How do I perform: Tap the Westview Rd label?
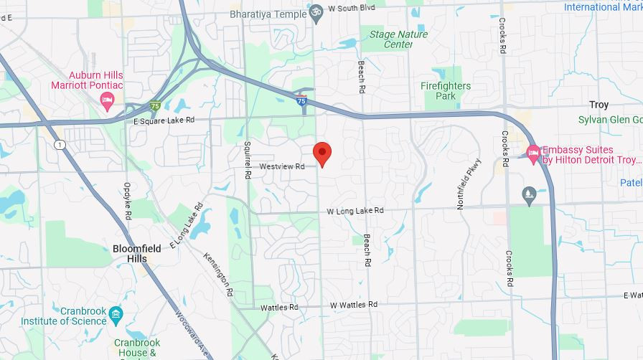(x=282, y=166)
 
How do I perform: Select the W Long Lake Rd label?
(x=355, y=211)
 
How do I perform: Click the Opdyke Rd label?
(x=128, y=201)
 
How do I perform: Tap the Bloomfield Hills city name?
(x=130, y=254)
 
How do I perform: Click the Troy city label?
(x=599, y=105)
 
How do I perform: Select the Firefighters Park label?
(x=446, y=91)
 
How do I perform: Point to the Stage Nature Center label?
(x=398, y=39)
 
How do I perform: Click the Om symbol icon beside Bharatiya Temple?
(x=316, y=13)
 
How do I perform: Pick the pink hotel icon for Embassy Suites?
(x=532, y=152)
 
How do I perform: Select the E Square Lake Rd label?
(x=164, y=121)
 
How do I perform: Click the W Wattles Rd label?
(x=354, y=305)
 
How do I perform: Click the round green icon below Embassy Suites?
(x=529, y=194)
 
